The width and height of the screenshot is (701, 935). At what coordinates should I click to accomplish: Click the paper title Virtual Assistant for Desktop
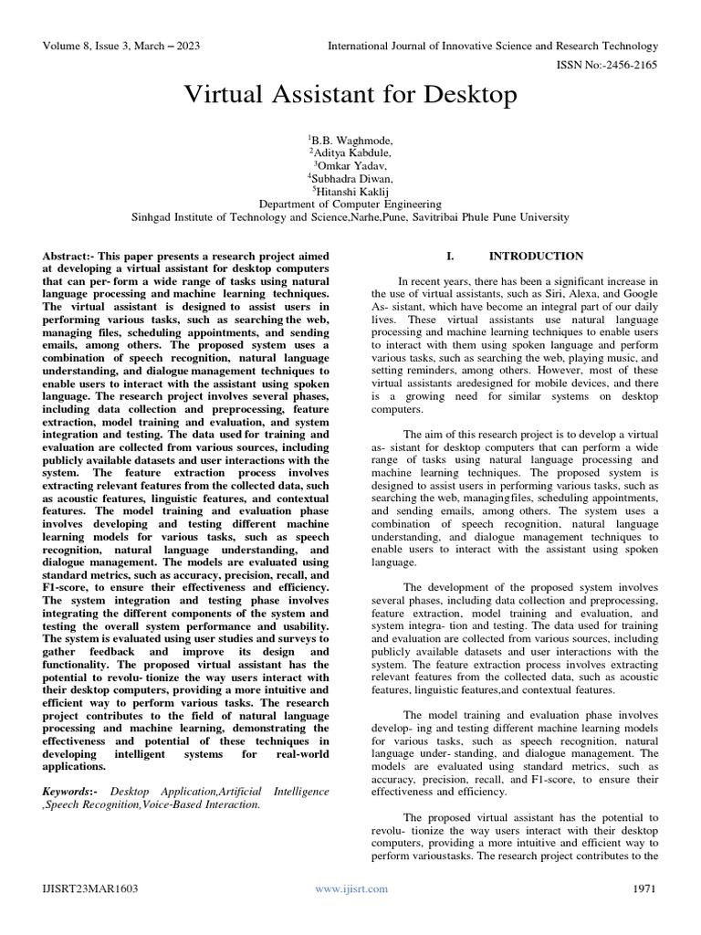[x=350, y=95]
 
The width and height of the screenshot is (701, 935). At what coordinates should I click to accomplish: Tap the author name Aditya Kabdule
[x=351, y=152]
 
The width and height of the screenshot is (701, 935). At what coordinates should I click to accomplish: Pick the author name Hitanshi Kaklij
[x=351, y=192]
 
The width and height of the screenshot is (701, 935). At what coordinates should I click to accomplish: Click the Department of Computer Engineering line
[x=350, y=205]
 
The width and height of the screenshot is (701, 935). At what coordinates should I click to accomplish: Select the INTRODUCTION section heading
[x=536, y=257]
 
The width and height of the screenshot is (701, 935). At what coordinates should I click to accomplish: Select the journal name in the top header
[x=493, y=46]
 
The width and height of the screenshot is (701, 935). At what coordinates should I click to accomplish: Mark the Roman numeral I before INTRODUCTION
[x=449, y=257]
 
